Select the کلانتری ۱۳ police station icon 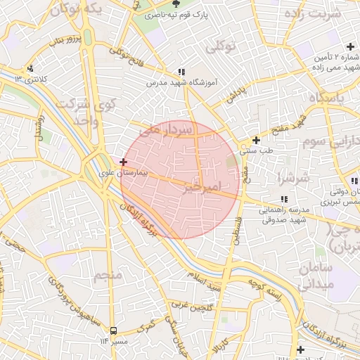click(30, 68)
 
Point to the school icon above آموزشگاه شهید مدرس click(181, 72)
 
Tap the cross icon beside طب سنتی click(256, 140)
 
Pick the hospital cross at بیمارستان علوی click(124, 162)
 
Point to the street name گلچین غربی click(193, 306)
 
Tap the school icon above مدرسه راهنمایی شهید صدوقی click(283, 199)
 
